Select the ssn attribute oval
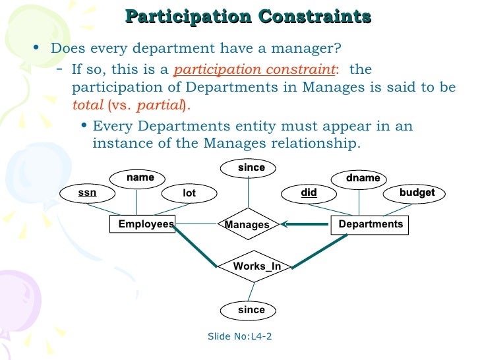87,193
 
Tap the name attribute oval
140,177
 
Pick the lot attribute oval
189,193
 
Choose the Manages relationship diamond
247,225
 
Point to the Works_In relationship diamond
256,266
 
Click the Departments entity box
370,225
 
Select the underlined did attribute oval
309,193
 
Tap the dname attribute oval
363,178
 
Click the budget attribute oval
417,193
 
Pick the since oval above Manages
251,168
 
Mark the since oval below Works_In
251,310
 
